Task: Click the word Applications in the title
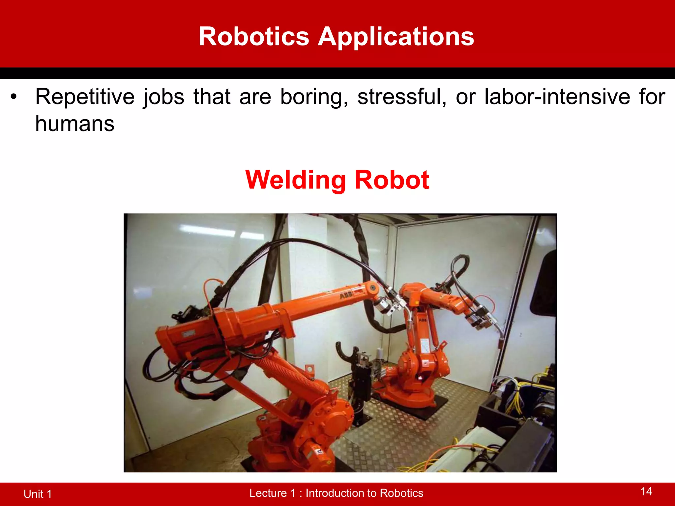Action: tap(396, 37)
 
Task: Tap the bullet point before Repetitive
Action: tap(13, 97)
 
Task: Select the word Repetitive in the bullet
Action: tap(85, 97)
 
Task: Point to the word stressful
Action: tap(402, 97)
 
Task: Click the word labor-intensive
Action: tap(557, 97)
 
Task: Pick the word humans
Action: tap(75, 124)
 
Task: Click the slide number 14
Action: tap(646, 492)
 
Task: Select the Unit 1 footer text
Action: tap(38, 494)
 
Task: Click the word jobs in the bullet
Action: tap(164, 97)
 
